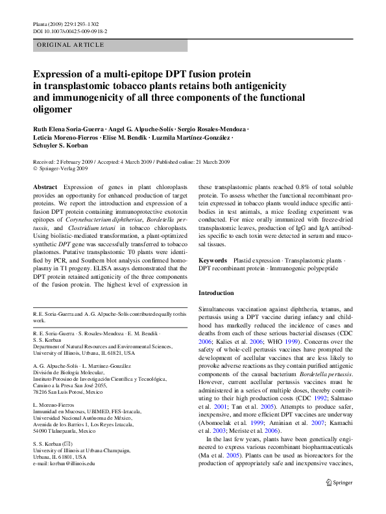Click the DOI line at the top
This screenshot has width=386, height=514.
click(70, 31)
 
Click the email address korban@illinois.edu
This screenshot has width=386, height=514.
click(75, 463)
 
